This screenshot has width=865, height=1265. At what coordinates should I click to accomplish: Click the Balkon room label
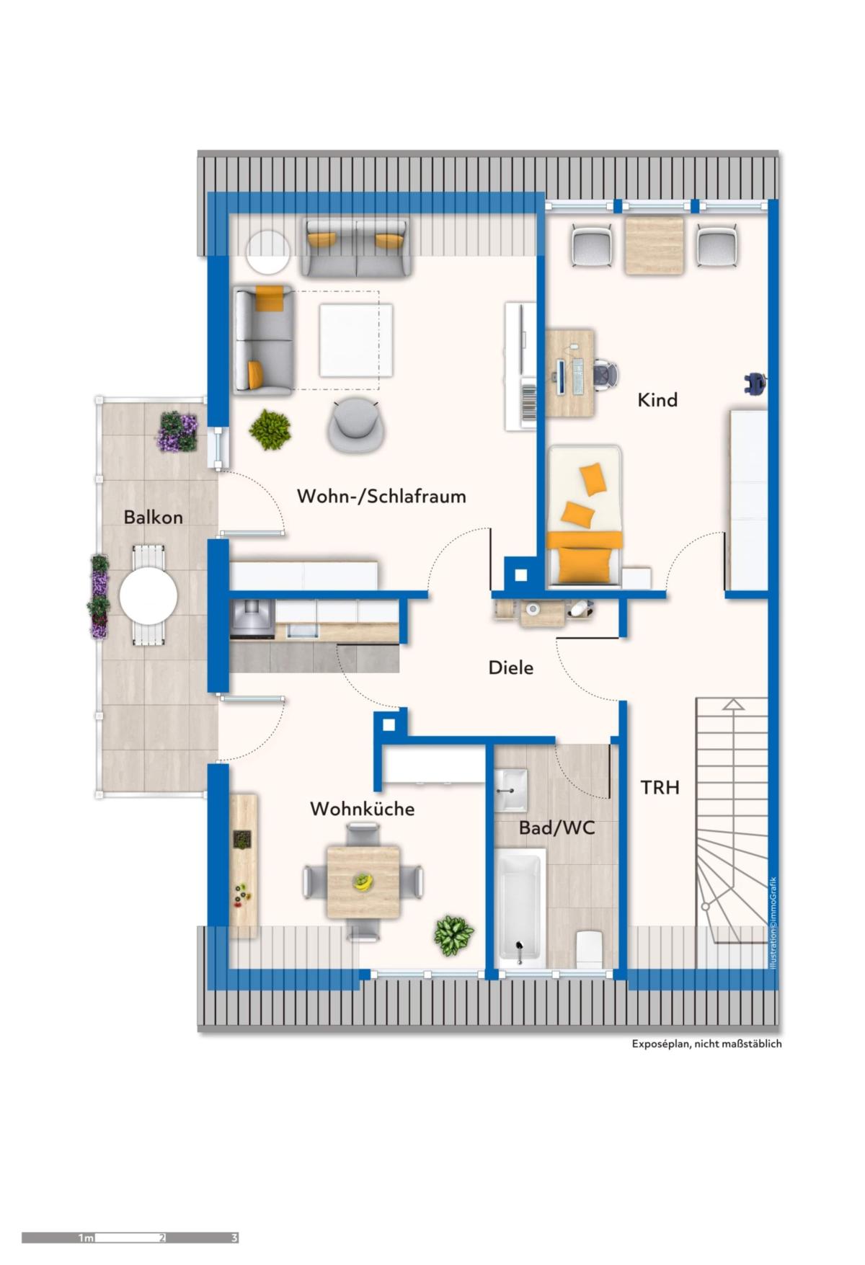(x=153, y=517)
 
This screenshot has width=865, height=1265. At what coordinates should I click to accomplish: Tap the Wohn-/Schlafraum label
(x=381, y=496)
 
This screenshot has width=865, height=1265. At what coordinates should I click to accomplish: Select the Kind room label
(x=657, y=399)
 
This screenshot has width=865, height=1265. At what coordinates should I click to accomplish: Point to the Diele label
(x=511, y=667)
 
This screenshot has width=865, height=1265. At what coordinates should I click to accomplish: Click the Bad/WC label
(x=557, y=827)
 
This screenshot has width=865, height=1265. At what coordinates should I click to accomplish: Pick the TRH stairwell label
(x=660, y=787)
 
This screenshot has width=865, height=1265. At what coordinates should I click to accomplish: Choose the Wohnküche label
(x=362, y=809)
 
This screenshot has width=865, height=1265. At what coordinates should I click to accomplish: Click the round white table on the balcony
(x=148, y=596)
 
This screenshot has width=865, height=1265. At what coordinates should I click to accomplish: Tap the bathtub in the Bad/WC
(x=519, y=907)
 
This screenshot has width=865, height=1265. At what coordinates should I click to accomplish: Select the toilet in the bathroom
(x=589, y=949)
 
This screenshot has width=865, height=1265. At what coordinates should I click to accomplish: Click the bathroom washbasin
(x=511, y=791)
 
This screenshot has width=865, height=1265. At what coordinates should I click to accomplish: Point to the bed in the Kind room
(x=585, y=515)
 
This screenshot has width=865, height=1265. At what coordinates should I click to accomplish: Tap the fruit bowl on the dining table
(x=363, y=882)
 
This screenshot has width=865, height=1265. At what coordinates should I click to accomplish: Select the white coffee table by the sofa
(x=356, y=340)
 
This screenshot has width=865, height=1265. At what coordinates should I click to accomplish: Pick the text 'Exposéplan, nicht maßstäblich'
(x=706, y=1044)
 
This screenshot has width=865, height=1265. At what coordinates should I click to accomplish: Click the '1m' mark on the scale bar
(x=86, y=1238)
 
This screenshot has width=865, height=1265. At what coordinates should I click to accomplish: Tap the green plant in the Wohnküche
(x=453, y=936)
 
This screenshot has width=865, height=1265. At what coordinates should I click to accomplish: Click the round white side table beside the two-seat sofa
(x=268, y=252)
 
